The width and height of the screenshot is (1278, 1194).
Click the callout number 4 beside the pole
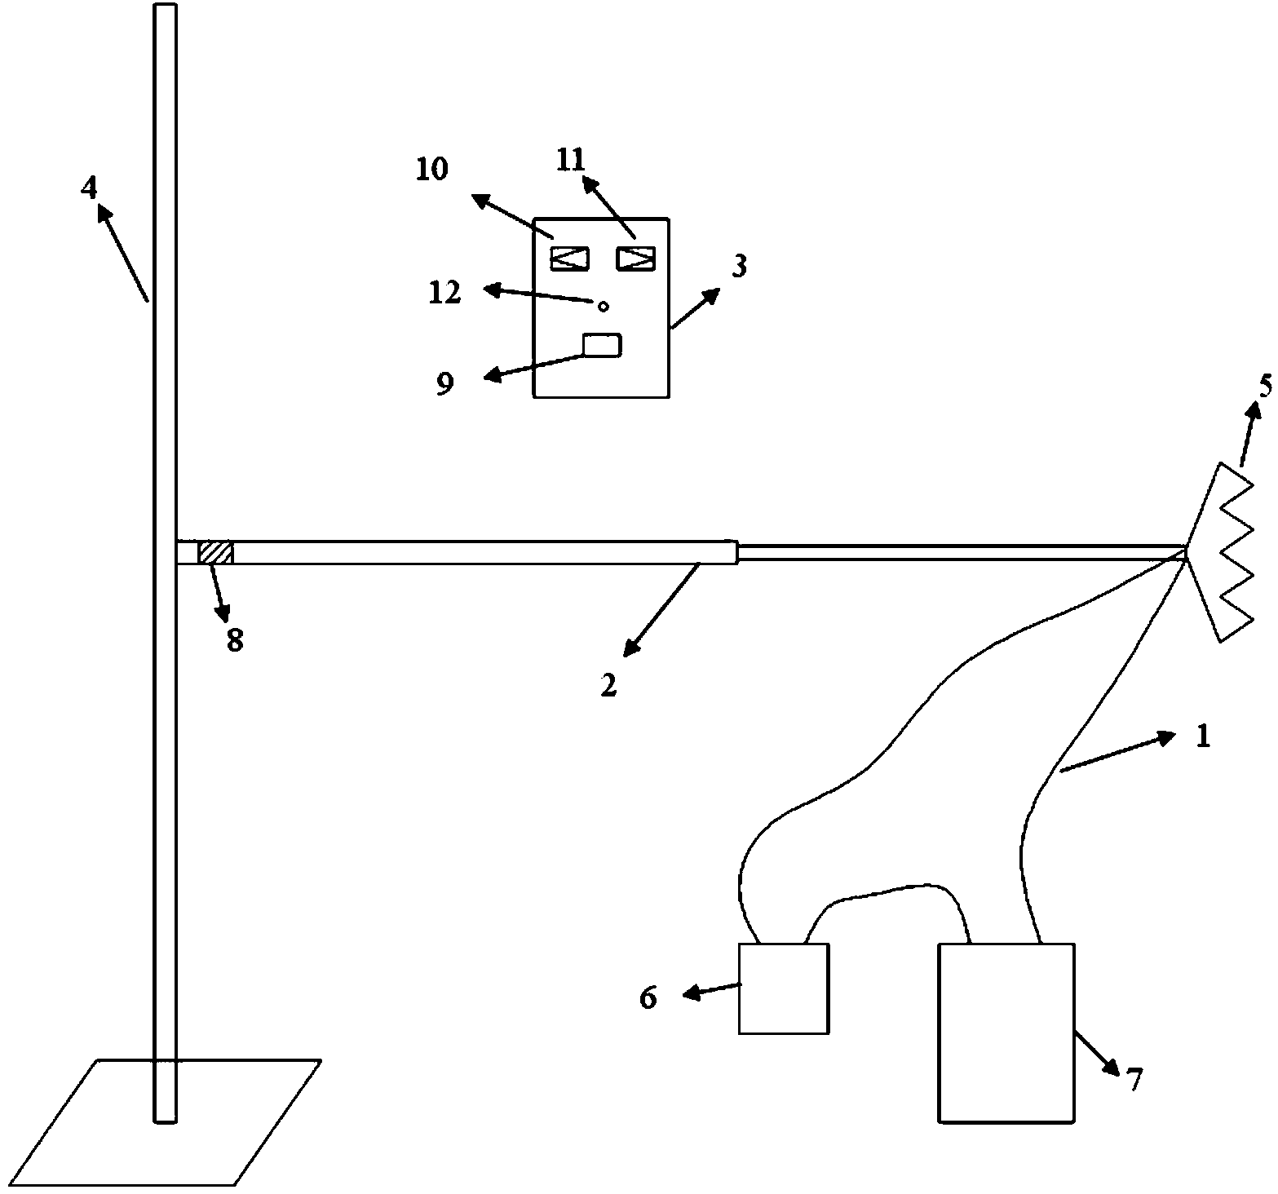pos(89,188)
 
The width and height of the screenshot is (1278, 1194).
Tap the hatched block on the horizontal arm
pos(216,552)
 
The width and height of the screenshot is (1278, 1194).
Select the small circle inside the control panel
pos(604,307)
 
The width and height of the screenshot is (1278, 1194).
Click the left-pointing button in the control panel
pos(569,259)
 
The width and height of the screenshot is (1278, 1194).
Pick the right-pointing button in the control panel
pos(636,258)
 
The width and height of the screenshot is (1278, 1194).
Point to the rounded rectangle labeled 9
pos(602,345)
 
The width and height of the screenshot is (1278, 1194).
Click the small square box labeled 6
pos(783,988)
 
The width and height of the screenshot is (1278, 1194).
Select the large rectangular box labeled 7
pos(1006,1033)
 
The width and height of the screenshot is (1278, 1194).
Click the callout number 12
pos(445,293)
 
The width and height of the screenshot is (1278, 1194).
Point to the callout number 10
pos(432,170)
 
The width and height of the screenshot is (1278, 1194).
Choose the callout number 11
pos(571,160)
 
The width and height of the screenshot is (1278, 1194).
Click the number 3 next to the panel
pos(739,267)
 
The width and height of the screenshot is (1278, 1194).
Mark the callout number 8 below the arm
pos(235,641)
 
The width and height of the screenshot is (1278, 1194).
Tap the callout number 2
pos(609,686)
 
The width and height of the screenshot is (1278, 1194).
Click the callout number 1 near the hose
pos(1202,737)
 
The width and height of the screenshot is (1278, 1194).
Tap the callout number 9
pos(444,383)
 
